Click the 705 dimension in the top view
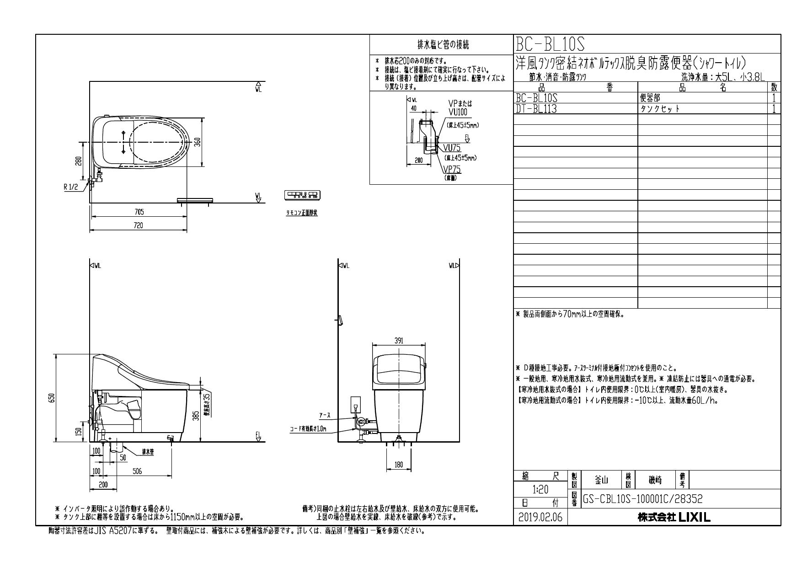139,212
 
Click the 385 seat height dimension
195,415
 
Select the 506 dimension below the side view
137,471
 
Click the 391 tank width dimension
398,341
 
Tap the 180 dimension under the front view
398,465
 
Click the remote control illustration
302,195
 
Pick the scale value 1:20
541,489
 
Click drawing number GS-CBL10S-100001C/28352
643,498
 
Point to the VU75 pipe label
451,148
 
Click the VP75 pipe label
451,170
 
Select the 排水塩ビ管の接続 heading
443,45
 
